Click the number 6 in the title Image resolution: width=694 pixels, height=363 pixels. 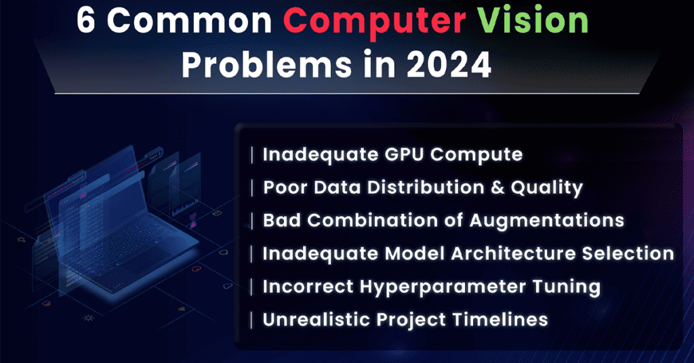87,22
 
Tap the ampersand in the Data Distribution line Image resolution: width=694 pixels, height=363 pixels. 490,187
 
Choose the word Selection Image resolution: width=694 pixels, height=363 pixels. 622,253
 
